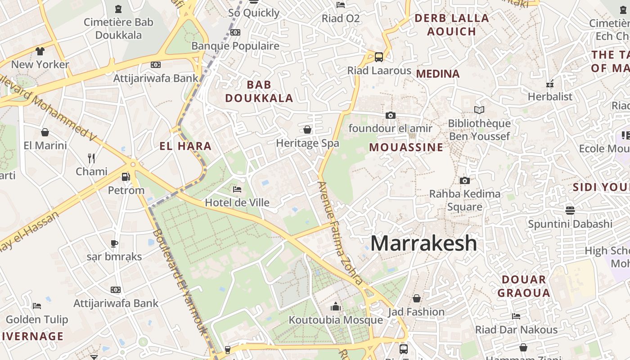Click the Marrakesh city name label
pyautogui.click(x=423, y=243)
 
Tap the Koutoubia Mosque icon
pyautogui.click(x=336, y=307)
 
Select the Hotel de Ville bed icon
pyautogui.click(x=237, y=189)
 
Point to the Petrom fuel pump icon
pyautogui.click(x=126, y=177)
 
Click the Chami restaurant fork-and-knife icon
pyautogui.click(x=91, y=158)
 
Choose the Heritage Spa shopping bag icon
pyautogui.click(x=307, y=130)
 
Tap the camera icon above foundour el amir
pyautogui.click(x=390, y=115)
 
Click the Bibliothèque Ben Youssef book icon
pyautogui.click(x=479, y=110)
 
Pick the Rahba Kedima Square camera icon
pyautogui.click(x=465, y=181)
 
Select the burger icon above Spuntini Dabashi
pyautogui.click(x=570, y=210)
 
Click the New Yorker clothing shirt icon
pyautogui.click(x=40, y=51)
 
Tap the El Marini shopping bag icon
pyautogui.click(x=45, y=132)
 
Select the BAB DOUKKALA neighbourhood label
pyautogui.click(x=259, y=91)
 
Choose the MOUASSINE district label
pyautogui.click(x=406, y=147)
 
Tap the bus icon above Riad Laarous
pyautogui.click(x=379, y=57)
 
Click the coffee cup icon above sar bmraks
pyautogui.click(x=114, y=243)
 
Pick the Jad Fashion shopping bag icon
pyautogui.click(x=417, y=298)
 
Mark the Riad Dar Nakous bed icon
pyautogui.click(x=516, y=316)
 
